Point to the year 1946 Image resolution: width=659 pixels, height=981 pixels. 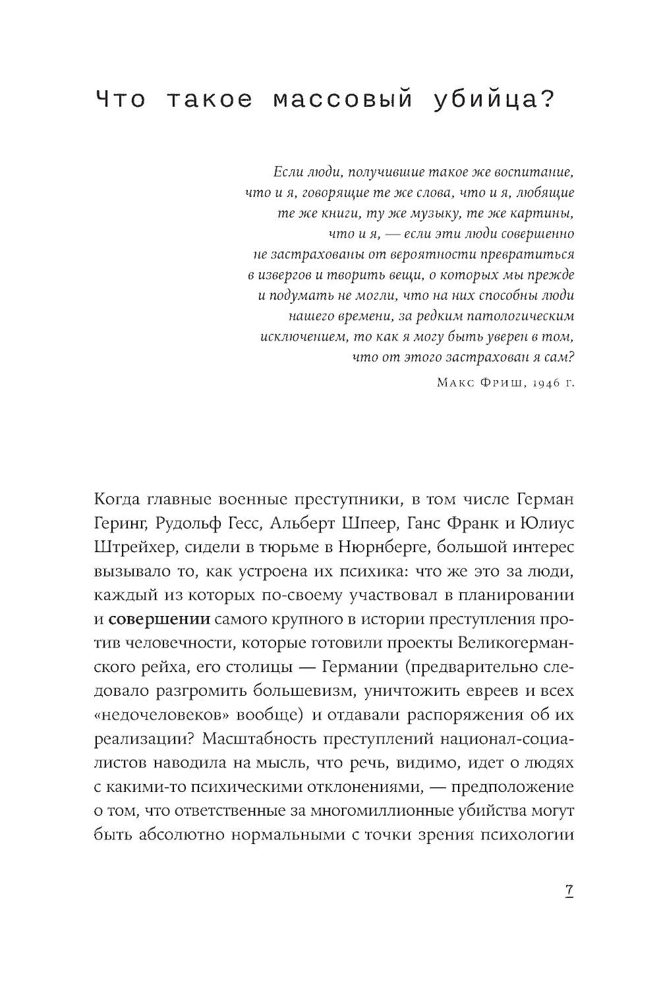point(538,383)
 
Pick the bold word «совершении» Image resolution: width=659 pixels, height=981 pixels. point(159,619)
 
